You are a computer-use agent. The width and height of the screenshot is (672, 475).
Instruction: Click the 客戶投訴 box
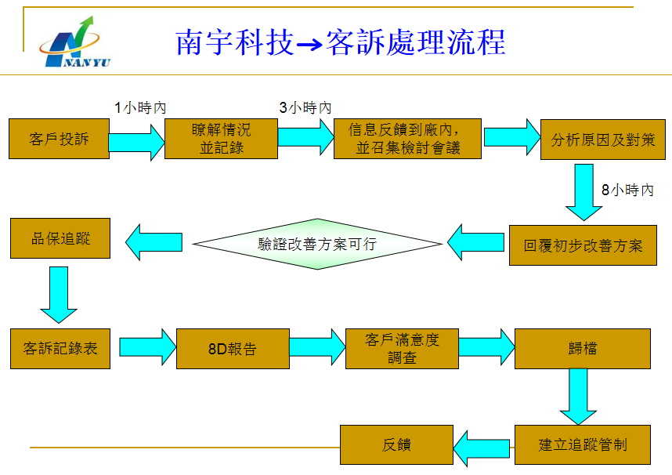click(60, 139)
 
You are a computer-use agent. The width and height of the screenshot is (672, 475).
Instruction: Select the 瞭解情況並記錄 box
click(221, 139)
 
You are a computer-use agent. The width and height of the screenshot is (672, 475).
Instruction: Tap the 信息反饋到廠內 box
click(407, 139)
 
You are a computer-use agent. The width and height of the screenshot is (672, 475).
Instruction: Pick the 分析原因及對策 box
click(603, 140)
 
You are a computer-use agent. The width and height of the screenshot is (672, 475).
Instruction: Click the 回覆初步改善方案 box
click(583, 245)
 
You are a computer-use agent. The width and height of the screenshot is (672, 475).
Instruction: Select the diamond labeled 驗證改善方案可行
click(317, 244)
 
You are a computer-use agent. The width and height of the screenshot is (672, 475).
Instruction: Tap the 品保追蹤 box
click(60, 238)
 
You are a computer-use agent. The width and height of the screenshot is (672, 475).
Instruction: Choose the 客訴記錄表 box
click(60, 348)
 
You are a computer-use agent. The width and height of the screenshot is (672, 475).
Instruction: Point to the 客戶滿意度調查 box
click(402, 349)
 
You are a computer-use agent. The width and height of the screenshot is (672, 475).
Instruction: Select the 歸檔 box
click(583, 349)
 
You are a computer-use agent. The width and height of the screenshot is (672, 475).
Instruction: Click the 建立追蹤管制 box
click(583, 445)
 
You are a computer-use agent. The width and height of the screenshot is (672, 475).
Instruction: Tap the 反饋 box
click(396, 445)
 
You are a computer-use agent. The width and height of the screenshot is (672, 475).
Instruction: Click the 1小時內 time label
click(140, 108)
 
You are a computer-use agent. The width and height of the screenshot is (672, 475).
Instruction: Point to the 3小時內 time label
click(305, 108)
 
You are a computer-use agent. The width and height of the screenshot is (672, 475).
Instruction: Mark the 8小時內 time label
click(627, 190)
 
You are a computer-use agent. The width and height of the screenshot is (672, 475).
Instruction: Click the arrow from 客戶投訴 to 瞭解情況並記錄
click(137, 141)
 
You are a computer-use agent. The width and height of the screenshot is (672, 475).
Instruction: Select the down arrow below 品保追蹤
click(59, 294)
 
